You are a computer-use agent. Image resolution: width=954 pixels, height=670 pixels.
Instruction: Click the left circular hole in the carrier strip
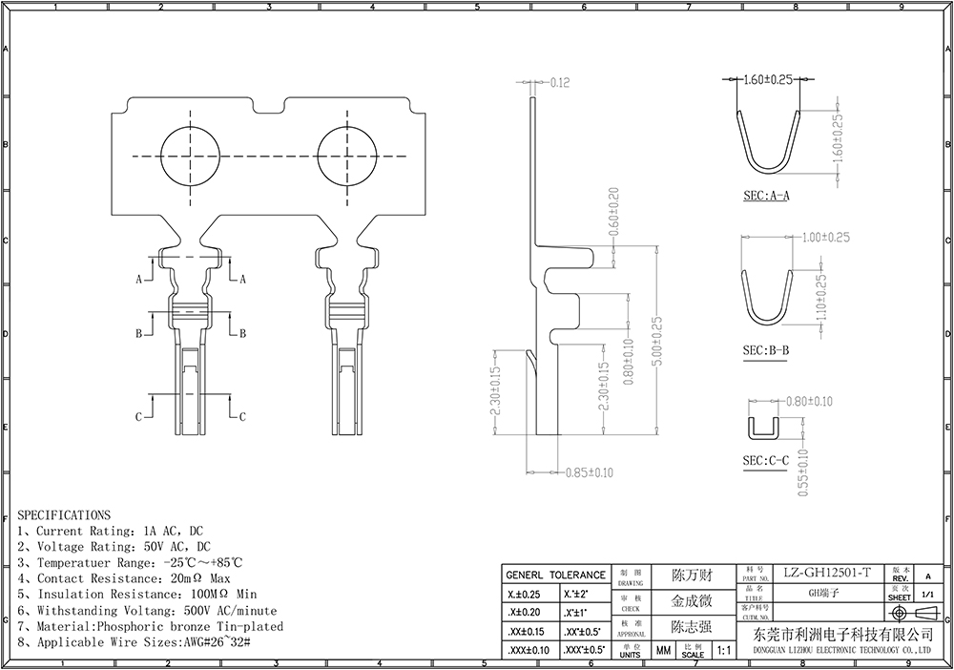(x=192, y=156)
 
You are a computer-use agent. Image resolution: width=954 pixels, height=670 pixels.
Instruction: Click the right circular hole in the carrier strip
(x=348, y=156)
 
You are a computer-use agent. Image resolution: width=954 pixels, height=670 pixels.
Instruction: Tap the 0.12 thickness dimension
(x=560, y=83)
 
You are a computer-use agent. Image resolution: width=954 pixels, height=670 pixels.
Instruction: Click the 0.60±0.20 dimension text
(x=613, y=212)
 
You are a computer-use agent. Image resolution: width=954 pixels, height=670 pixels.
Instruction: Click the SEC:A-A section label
(x=767, y=197)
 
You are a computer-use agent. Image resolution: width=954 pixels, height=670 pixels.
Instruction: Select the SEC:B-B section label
(x=765, y=350)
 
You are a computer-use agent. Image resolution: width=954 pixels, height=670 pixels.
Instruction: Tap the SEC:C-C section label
(x=765, y=462)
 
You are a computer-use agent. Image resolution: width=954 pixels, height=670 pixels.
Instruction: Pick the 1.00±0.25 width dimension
(x=826, y=237)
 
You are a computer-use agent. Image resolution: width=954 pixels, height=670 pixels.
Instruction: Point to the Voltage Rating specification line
(x=114, y=547)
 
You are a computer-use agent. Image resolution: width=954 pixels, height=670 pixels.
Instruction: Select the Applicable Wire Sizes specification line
(x=134, y=643)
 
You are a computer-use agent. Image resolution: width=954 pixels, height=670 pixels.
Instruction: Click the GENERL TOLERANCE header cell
(x=554, y=575)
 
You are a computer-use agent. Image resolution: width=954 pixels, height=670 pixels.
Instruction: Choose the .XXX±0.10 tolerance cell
(x=525, y=650)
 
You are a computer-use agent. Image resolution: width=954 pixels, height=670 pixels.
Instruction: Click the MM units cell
(x=662, y=651)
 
